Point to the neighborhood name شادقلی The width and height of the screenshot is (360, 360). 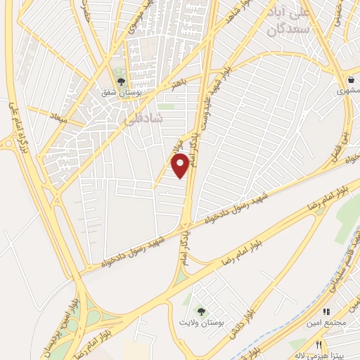pos(143,120)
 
